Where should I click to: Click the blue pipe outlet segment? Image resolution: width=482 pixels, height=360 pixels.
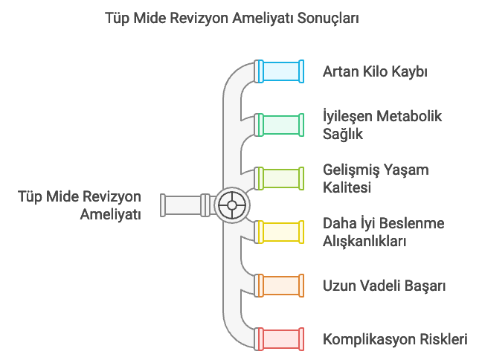tap(279, 71)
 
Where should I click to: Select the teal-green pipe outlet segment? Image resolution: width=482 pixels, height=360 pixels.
tap(279, 125)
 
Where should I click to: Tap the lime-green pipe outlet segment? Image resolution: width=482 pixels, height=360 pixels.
tap(279, 179)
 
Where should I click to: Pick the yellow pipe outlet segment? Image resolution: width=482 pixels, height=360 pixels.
tap(279, 231)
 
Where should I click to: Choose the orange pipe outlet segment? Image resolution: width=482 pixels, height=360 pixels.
tap(279, 286)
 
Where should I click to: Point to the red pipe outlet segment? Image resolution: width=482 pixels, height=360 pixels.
tap(279, 339)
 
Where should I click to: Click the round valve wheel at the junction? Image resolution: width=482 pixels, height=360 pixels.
tap(231, 205)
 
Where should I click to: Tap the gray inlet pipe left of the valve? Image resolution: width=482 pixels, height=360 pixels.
tap(183, 205)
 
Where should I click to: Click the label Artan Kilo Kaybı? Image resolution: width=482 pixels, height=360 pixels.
tap(375, 72)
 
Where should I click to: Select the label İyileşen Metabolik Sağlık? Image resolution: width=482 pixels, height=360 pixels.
tap(382, 125)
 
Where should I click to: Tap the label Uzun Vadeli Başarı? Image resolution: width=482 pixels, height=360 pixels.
tap(384, 286)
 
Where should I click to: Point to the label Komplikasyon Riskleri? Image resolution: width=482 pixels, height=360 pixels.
tap(395, 339)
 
